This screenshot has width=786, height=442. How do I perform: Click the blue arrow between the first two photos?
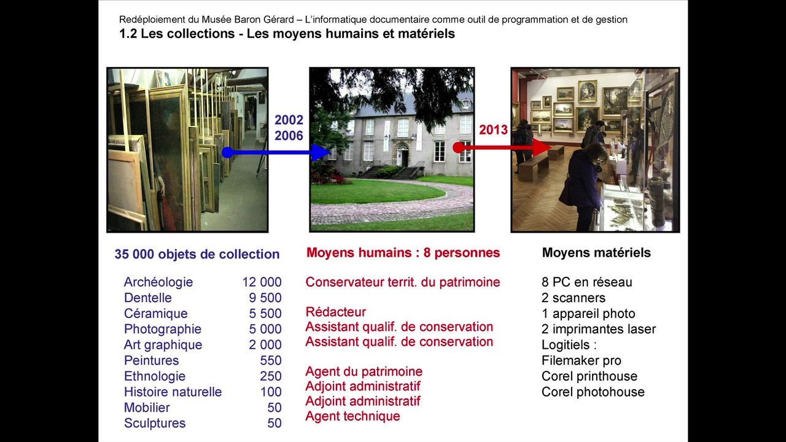[x=276, y=152]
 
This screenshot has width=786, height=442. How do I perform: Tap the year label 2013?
[x=493, y=130]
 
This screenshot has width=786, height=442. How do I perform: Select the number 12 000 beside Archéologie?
[x=262, y=282]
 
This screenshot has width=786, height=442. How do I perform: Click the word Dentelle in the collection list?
[x=148, y=298]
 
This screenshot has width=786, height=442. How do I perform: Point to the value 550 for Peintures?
[x=271, y=360]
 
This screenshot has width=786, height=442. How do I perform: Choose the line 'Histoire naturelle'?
[x=173, y=392]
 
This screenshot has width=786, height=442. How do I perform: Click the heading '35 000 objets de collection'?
[x=196, y=254]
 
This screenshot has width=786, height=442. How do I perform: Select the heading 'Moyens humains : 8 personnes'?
[x=403, y=253]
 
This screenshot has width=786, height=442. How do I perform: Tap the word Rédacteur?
[x=335, y=312]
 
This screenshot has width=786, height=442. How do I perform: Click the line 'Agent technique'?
[x=352, y=416]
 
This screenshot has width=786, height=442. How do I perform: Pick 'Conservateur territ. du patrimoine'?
[x=403, y=282]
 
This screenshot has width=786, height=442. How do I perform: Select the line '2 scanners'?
[x=574, y=298]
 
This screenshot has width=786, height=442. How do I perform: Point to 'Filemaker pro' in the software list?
[x=582, y=360]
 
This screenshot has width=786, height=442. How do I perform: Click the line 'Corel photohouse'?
[x=593, y=392]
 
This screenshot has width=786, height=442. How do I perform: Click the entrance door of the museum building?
[x=403, y=155]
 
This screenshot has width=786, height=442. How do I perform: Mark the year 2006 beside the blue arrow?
[x=289, y=136]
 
